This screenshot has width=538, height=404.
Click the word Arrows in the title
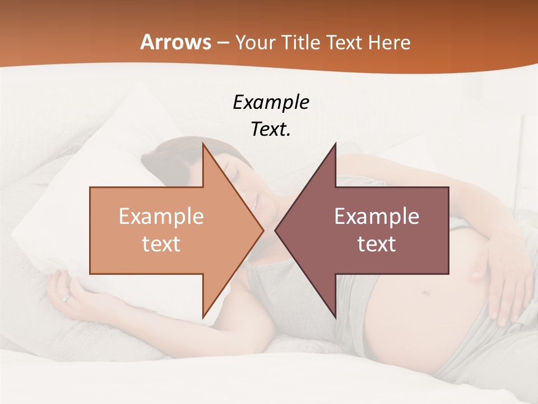tap(175, 42)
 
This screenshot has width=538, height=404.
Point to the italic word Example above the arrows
tap(271, 103)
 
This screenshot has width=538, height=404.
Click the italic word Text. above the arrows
tap(271, 130)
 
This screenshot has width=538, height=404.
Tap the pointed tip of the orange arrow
tap(263, 230)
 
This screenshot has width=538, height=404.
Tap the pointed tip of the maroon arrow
tap(275, 230)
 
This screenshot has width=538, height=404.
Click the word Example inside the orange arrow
tap(161, 217)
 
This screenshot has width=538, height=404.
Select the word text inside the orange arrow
tap(161, 244)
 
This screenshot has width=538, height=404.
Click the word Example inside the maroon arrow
tap(377, 217)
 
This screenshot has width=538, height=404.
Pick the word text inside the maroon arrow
tap(377, 244)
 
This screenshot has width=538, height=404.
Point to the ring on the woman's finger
tap(67, 299)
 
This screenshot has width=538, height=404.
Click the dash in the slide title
tap(222, 42)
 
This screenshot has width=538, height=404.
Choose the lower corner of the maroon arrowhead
tap(335, 317)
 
